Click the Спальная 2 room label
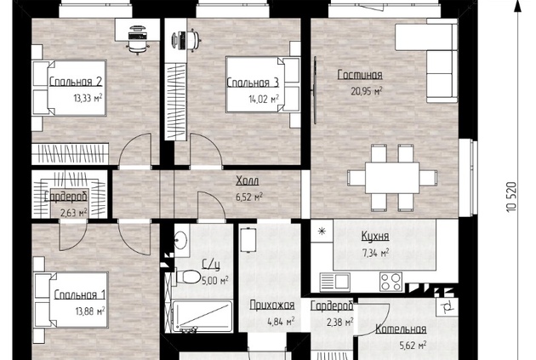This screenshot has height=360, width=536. pos(76,82)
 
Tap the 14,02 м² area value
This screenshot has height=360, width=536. pos(264,99)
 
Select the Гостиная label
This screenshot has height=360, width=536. pos(360,75)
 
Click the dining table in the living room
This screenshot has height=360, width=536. pos(392,178)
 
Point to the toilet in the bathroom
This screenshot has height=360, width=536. pos(188,277)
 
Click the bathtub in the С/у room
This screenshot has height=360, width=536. pos(202,317)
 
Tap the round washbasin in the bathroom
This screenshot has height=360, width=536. pos(180,239)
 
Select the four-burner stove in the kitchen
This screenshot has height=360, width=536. pos(391,282)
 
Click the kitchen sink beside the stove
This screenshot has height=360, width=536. pos(335,282)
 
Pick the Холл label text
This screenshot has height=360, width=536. pos(248,181)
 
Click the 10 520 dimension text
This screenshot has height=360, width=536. pos(511,197)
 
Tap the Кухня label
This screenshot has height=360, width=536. pos(375,237)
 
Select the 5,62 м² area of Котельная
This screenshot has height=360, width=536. pos(413,346)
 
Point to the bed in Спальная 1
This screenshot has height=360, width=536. pos(71,300)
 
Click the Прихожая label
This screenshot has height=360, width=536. pos(272,305)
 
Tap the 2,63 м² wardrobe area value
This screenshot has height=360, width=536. pos(74,213)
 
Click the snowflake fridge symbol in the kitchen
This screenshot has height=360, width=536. pos(322,231)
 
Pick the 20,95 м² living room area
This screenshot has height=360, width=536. pos(367,91)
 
